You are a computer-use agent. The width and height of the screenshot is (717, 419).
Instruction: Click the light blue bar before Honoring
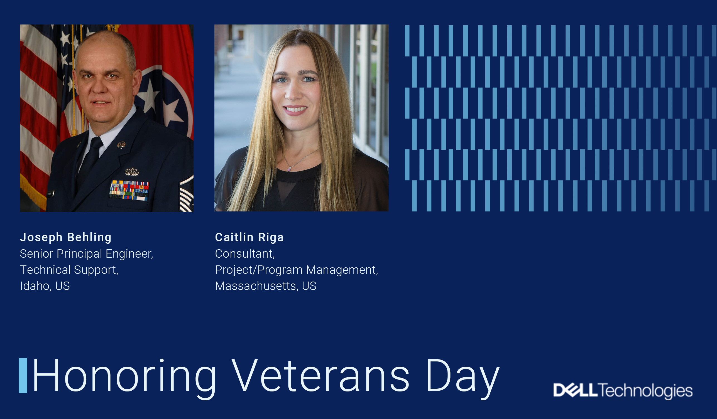point(23,376)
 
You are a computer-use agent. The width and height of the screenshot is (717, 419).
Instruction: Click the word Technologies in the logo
point(646,391)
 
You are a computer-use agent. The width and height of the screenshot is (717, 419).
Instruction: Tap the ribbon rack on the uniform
point(129,191)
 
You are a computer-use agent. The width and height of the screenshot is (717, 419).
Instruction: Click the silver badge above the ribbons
point(132,171)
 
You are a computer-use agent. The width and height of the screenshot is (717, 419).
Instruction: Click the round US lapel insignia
point(121,145)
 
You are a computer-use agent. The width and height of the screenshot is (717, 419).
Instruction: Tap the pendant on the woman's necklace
point(289,169)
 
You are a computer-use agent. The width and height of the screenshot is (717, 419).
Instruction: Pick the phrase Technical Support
point(68,270)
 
